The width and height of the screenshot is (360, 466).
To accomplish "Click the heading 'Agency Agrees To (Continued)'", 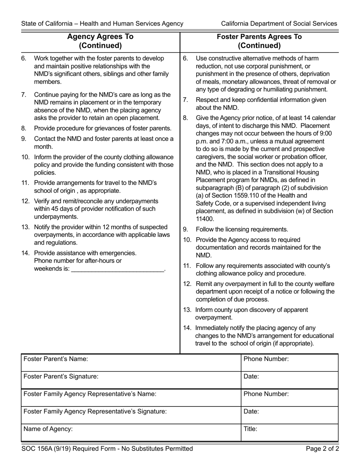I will (x=100, y=41).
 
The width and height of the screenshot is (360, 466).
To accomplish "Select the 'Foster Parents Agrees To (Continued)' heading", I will (x=259, y=41).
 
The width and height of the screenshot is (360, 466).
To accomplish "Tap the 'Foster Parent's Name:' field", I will (x=131, y=363).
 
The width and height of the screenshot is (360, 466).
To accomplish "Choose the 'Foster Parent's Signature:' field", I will (x=131, y=380).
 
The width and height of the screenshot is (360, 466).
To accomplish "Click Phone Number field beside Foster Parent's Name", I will (x=290, y=363).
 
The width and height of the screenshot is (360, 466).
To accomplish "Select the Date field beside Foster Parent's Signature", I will (x=290, y=380).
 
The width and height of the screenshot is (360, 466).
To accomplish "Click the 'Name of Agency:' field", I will (x=131, y=433).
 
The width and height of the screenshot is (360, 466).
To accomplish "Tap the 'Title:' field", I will (x=290, y=433).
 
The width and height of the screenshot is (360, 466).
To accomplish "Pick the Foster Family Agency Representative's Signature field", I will (x=131, y=415).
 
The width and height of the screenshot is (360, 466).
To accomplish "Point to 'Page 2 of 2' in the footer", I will (x=322, y=449).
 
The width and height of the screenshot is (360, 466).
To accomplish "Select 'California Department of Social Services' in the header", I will (x=279, y=23).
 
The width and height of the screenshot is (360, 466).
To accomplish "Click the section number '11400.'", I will (x=205, y=219).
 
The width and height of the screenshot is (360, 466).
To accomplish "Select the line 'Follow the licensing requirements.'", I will (x=242, y=229).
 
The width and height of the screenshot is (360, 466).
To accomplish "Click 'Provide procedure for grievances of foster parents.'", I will (x=103, y=128).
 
